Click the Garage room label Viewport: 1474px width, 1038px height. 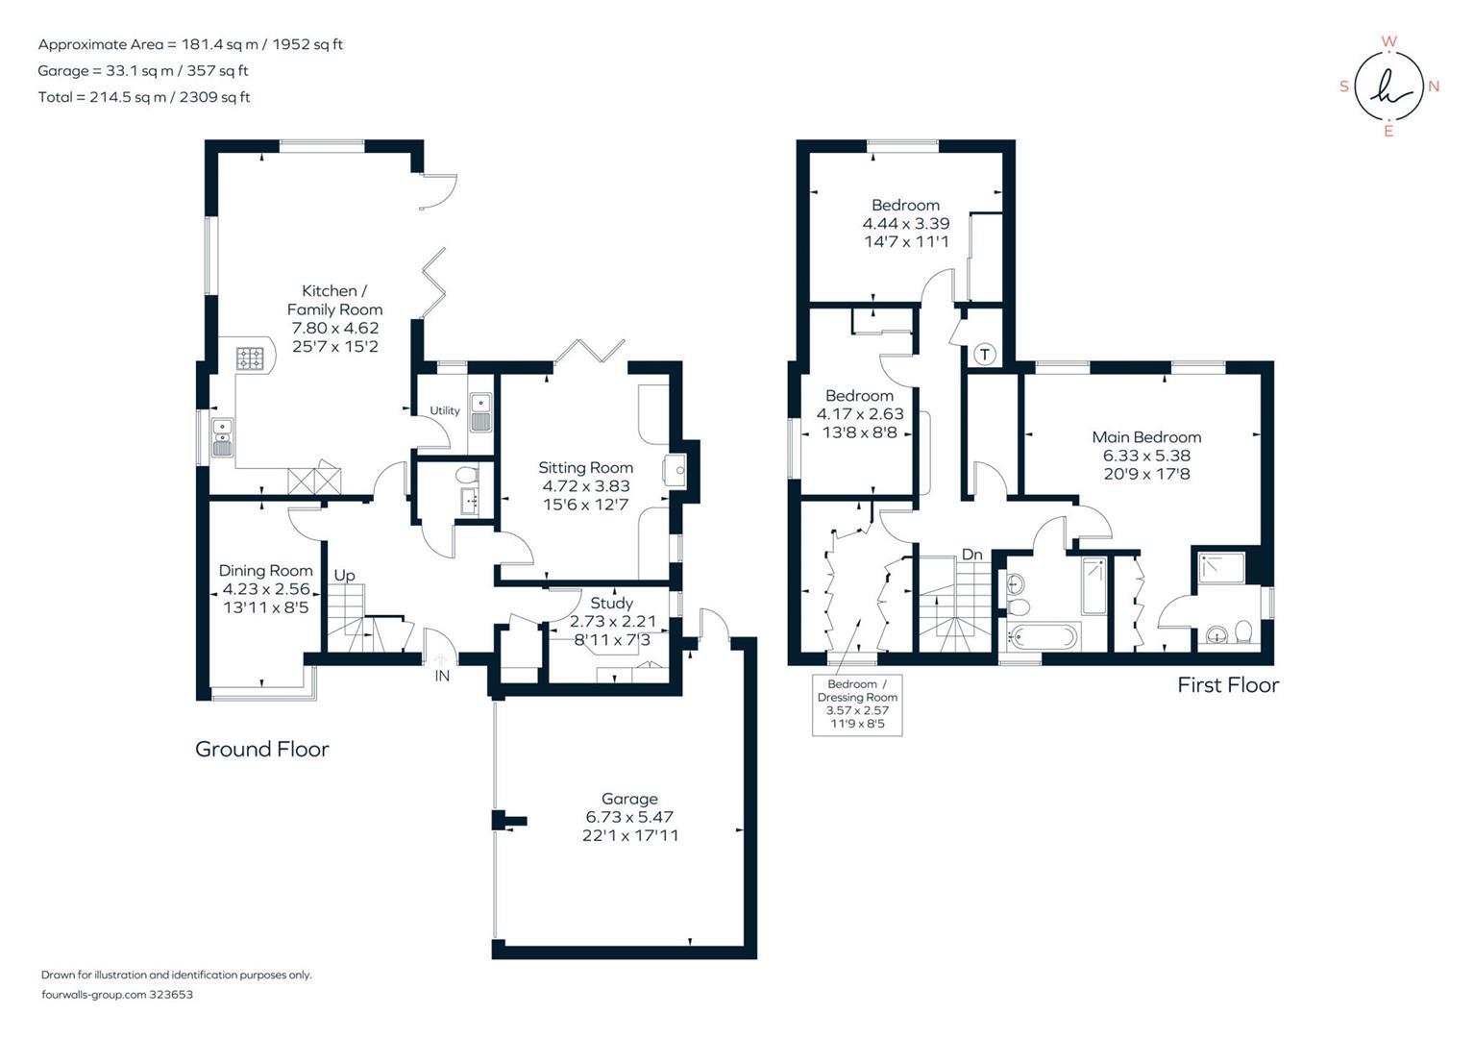point(629,799)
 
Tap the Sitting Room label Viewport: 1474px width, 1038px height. point(585,468)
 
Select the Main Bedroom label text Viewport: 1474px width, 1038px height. point(1146,437)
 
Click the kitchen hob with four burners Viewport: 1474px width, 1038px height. point(252,358)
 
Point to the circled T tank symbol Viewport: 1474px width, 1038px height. point(985,354)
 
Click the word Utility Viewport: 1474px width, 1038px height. point(445,410)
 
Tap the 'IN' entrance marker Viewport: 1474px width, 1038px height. point(442,676)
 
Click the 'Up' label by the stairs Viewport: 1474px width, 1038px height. point(344,575)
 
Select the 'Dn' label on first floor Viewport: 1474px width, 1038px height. point(972,555)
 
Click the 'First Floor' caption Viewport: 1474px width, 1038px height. point(1228,684)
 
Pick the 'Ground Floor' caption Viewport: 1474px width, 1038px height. point(261,749)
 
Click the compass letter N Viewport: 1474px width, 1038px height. point(1434,86)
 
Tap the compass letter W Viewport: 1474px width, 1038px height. point(1388,41)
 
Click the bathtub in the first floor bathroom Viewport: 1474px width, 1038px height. point(1044,636)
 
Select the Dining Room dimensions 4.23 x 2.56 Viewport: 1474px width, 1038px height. point(265,589)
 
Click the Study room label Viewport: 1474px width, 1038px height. point(612,603)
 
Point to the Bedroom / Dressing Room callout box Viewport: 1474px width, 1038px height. point(857,704)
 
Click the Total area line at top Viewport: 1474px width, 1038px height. point(144,97)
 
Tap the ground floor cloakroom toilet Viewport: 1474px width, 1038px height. point(466,475)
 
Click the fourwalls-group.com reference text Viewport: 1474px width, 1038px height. point(117,995)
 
